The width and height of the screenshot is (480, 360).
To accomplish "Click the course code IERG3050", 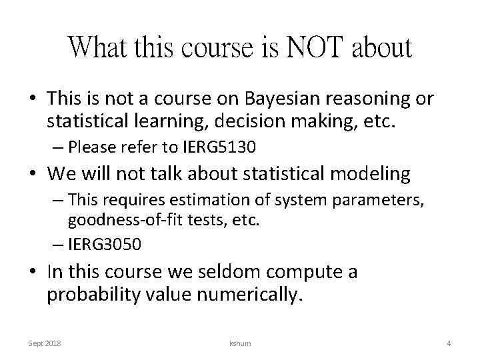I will point(104,244).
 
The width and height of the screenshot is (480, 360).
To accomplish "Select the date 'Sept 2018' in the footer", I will point(45,343).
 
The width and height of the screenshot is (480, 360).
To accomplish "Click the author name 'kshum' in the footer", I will point(239,343).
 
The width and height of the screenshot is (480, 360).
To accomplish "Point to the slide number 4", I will point(449,343).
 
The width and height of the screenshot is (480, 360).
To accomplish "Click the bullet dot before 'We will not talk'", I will point(32,175).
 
